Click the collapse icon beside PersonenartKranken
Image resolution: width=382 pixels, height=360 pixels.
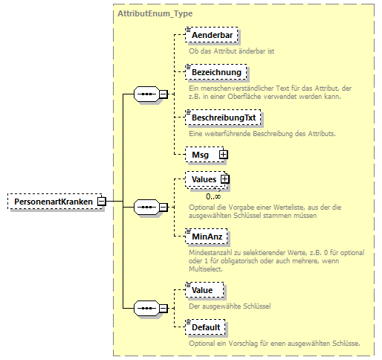click(101, 201)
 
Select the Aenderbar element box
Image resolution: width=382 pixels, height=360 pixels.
click(209, 36)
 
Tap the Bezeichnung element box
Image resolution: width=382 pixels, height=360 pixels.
click(215, 72)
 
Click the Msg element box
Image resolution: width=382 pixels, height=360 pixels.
click(200, 154)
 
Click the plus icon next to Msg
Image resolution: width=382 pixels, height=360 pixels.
click(221, 154)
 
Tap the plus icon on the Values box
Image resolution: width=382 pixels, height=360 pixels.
click(225, 179)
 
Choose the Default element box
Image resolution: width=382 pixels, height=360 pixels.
click(206, 327)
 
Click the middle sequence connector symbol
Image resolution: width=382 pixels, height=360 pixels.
click(147, 208)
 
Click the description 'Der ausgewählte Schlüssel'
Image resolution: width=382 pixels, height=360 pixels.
click(230, 306)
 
